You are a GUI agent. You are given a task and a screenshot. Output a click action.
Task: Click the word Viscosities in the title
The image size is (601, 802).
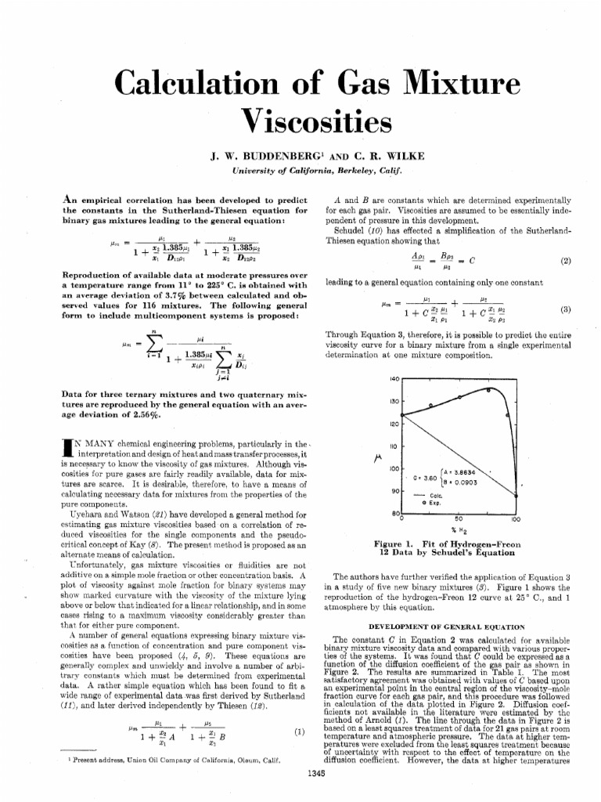coord(300,120)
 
